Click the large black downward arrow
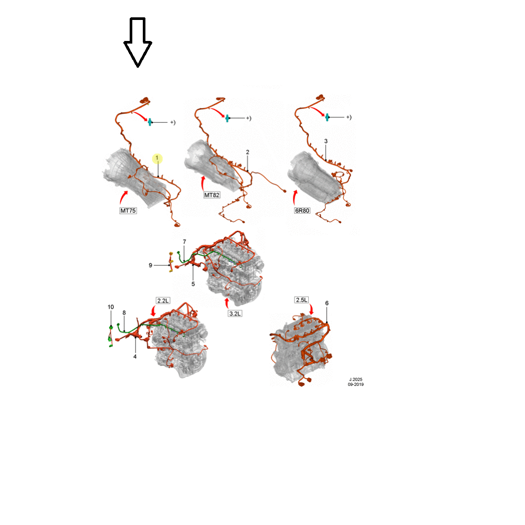click(x=138, y=42)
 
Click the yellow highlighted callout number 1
click(x=157, y=159)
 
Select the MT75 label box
click(x=128, y=211)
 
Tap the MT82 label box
click(x=212, y=195)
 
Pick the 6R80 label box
click(x=302, y=211)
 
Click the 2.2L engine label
click(x=163, y=301)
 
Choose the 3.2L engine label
click(x=235, y=314)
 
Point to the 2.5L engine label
click(x=301, y=300)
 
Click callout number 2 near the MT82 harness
click(x=247, y=152)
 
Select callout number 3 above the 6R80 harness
click(x=326, y=141)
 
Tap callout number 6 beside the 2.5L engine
click(x=327, y=303)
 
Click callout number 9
click(x=150, y=265)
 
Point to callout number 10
click(x=111, y=307)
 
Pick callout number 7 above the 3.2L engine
click(x=184, y=241)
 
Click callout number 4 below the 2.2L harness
click(x=135, y=357)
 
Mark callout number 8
click(x=124, y=313)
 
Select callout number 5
click(x=193, y=284)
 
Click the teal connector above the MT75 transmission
click(x=150, y=122)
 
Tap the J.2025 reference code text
click(x=355, y=380)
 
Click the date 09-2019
click(x=355, y=384)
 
